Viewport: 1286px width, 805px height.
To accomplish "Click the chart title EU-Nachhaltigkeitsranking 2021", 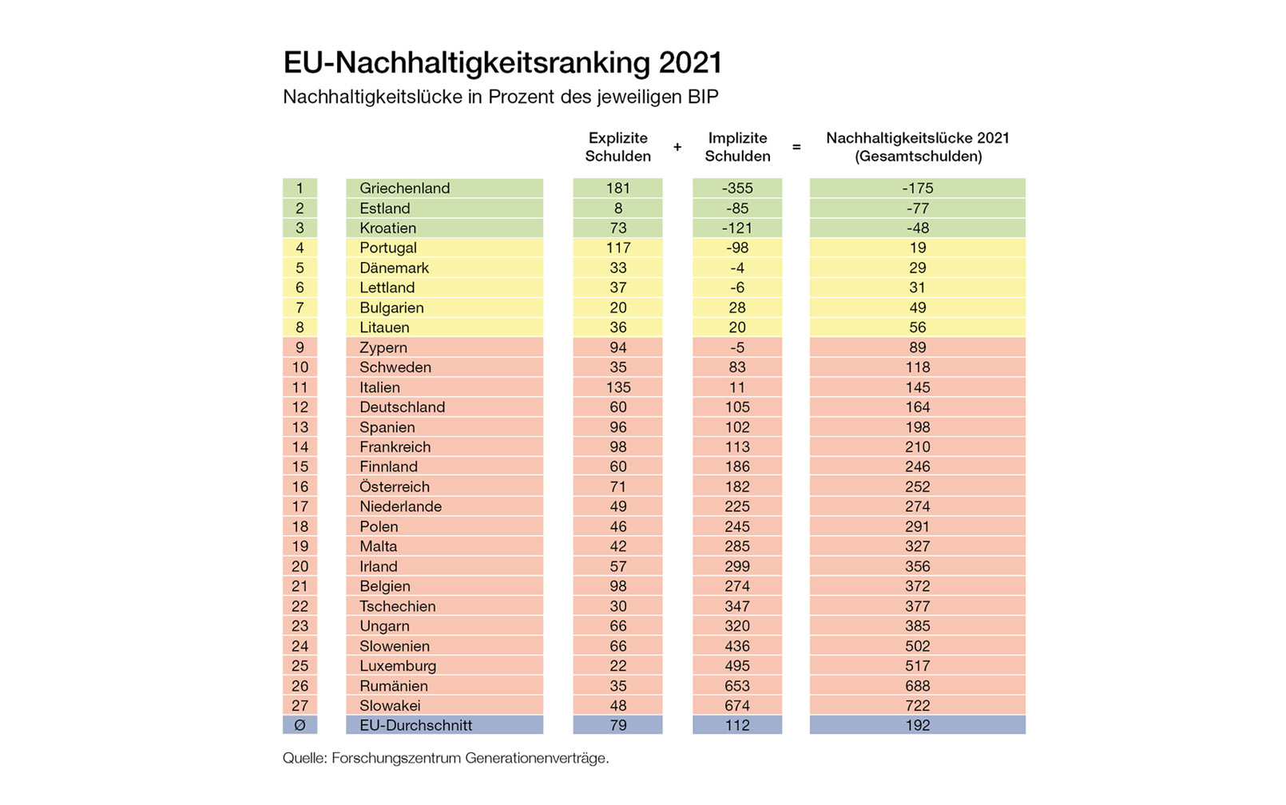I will coord(502,63).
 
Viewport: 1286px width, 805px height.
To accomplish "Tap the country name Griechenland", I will coord(404,188).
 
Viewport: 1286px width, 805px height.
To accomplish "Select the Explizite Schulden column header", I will coord(617,148).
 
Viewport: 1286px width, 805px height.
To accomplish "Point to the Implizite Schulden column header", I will coord(736,148).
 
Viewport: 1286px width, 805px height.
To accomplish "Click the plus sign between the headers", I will coord(677,148).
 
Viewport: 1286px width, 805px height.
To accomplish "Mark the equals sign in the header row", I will coord(796,148).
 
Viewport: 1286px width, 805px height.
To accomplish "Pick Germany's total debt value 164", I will coord(917,407).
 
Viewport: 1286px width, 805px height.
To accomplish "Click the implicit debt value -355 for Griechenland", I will coord(736,188).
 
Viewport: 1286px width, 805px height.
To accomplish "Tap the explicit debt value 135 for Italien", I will coord(617,387).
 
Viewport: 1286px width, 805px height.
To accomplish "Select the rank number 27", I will coord(300,706).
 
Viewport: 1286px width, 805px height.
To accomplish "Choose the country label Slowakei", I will coord(389,706).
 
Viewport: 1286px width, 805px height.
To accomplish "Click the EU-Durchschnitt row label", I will coord(415,726).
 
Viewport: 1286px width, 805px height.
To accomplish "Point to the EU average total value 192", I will coord(917,726).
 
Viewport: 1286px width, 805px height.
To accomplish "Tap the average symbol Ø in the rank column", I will coord(300,726).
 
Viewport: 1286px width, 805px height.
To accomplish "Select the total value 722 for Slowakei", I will coord(917,706).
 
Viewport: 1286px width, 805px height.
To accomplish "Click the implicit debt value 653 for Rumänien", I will coord(736,686).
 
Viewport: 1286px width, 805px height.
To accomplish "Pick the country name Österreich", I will coord(394,487).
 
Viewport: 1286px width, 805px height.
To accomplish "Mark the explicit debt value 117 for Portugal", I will coord(617,248).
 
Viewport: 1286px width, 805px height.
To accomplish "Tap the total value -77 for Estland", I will coord(917,208).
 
